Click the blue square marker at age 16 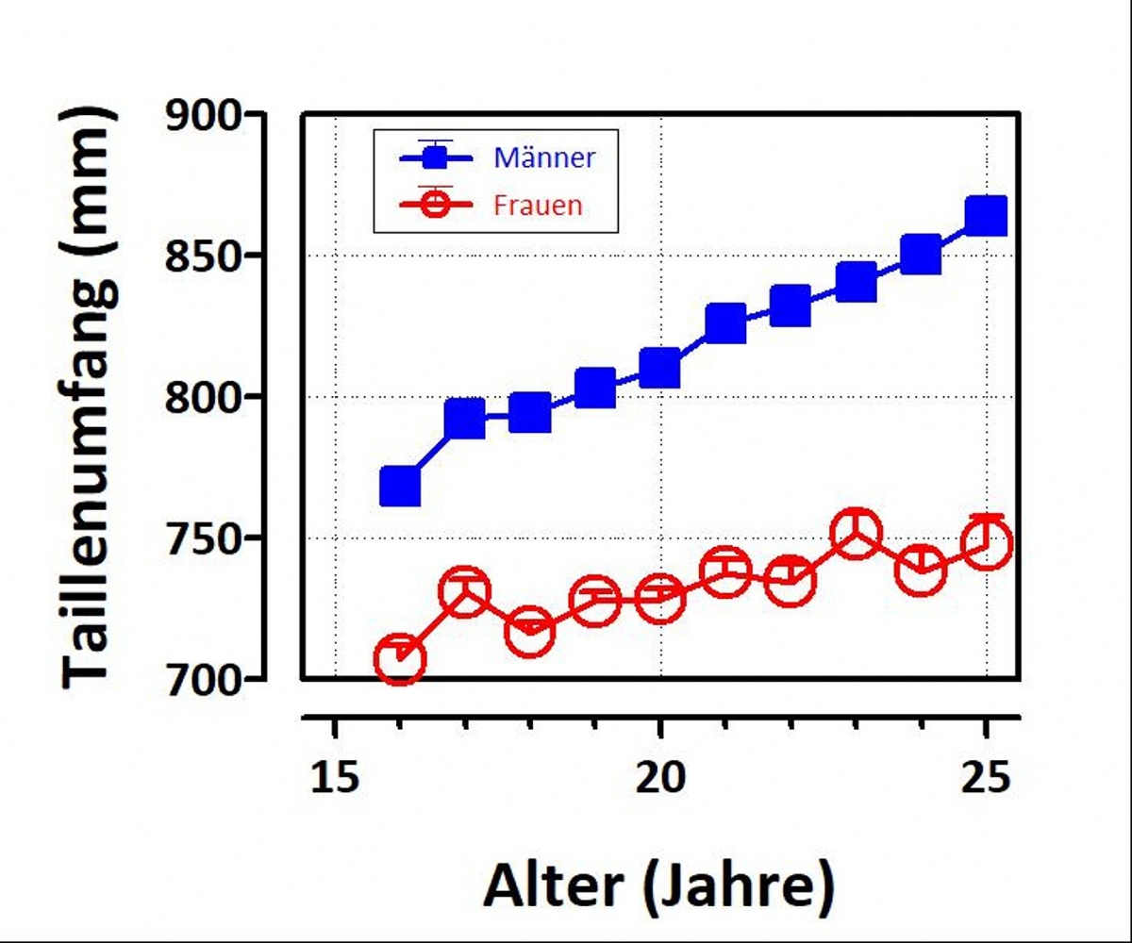click(400, 488)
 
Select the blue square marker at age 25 click(987, 216)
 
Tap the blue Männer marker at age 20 click(660, 368)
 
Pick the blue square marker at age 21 click(725, 323)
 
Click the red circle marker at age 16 click(400, 659)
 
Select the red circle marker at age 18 click(529, 632)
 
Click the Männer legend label click(544, 157)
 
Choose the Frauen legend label click(537, 205)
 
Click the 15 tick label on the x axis click(334, 779)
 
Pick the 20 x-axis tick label click(660, 779)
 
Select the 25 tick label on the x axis click(986, 779)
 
